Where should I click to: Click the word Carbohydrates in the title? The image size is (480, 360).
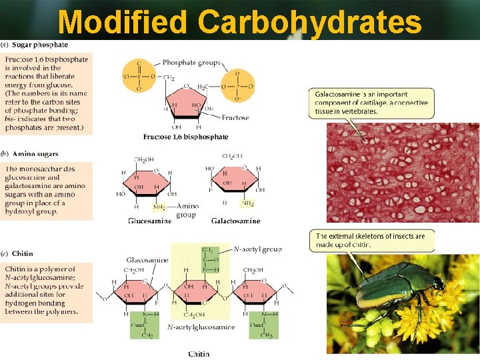pos(309,22)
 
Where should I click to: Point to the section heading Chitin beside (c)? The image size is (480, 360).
pos(22,254)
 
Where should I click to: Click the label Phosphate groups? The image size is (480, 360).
pos(188,63)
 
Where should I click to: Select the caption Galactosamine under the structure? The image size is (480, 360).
pos(235,221)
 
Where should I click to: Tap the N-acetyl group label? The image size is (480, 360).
pos(257,249)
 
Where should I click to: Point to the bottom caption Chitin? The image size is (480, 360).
pos(199,353)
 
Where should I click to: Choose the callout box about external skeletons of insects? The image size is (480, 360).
pos(371,240)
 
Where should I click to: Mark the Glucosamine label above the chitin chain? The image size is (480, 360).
pos(147,259)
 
